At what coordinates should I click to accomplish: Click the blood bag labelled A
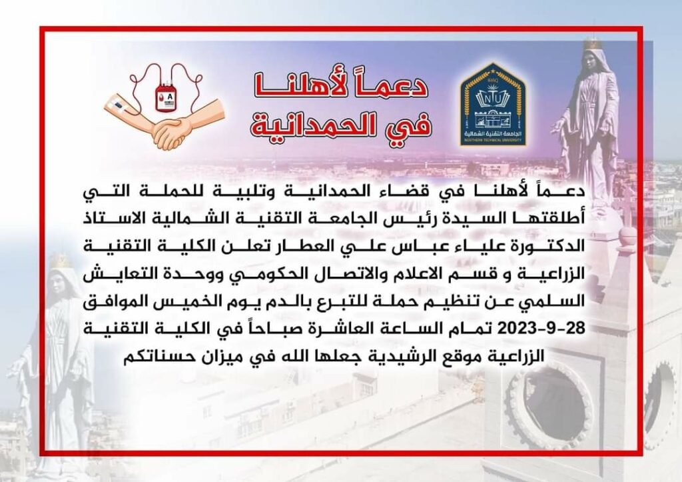pyautogui.click(x=166, y=97)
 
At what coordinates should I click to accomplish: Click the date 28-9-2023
pyautogui.click(x=541, y=329)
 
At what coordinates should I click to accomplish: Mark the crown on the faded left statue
pyautogui.click(x=61, y=261)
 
